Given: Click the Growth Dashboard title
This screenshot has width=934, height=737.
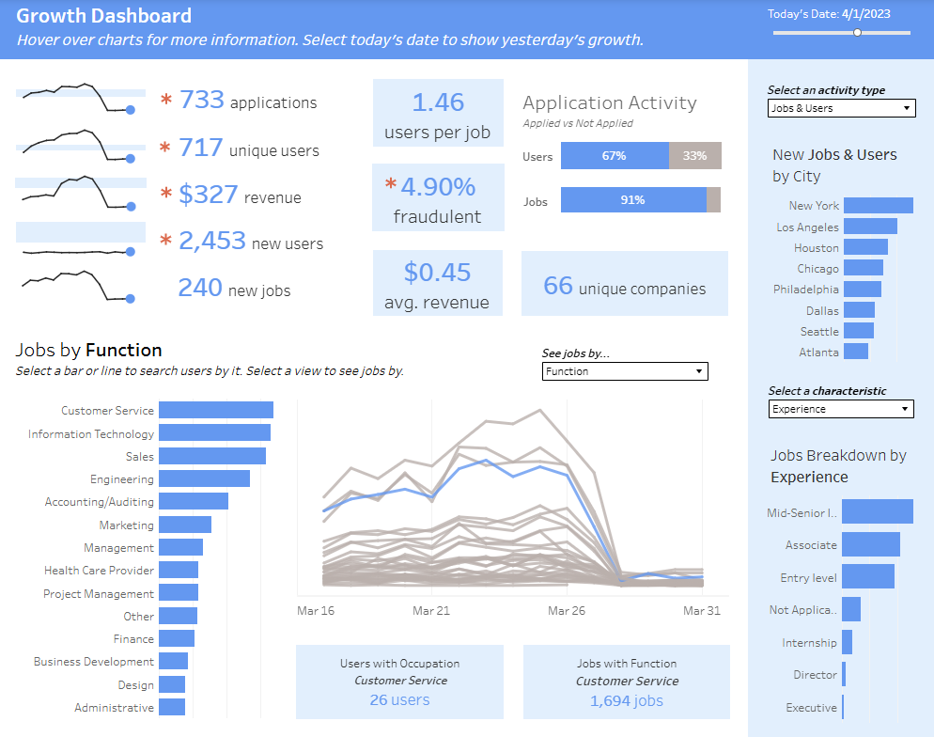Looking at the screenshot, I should pos(104,16).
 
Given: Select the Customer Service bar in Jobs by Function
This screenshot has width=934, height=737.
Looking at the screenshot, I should pos(215,410).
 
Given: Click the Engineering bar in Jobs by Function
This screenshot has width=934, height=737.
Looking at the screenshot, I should pos(204,478).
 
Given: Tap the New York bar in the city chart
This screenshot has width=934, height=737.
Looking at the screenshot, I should pos(878,205).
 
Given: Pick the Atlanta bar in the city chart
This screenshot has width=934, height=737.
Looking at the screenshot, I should pos(855,352).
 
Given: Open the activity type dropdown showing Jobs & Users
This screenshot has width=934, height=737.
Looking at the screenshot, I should pos(841,108).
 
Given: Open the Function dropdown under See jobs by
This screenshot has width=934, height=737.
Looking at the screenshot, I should pos(625,371).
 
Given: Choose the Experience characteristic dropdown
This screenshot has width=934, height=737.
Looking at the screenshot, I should pos(841,409).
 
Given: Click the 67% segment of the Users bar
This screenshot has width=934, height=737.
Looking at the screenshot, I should pos(615,156).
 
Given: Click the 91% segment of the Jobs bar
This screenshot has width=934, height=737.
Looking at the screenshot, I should pos(633,200).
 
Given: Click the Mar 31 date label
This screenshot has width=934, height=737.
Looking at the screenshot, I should pos(702,610).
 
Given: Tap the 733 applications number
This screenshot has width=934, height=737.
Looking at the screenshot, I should pos(202,100).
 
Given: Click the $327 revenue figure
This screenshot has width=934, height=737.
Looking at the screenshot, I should pos(208,195).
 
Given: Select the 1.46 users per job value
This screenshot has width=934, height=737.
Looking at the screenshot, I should pos(438,102).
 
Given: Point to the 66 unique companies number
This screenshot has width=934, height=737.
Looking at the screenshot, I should pos(558,286).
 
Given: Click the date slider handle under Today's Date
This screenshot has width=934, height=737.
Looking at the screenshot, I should pos(857,32).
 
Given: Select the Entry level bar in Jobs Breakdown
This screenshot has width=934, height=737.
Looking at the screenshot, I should pos(867,576).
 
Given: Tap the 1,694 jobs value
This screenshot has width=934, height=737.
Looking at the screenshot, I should pos(626,700).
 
